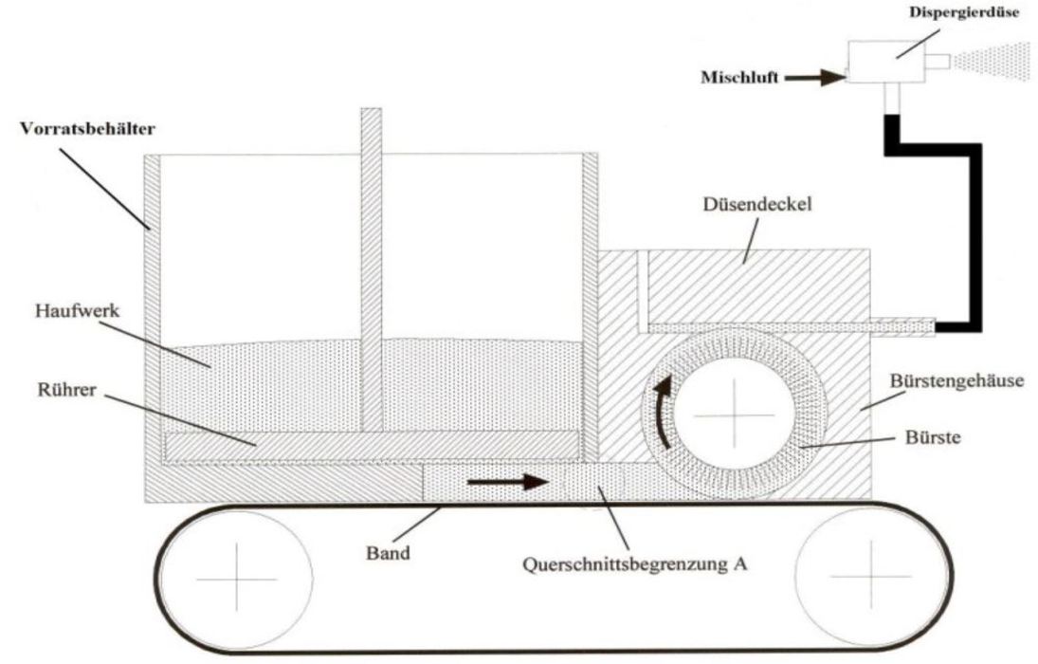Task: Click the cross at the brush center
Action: pyautogui.click(x=735, y=417)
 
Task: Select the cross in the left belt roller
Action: pyautogui.click(x=234, y=576)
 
